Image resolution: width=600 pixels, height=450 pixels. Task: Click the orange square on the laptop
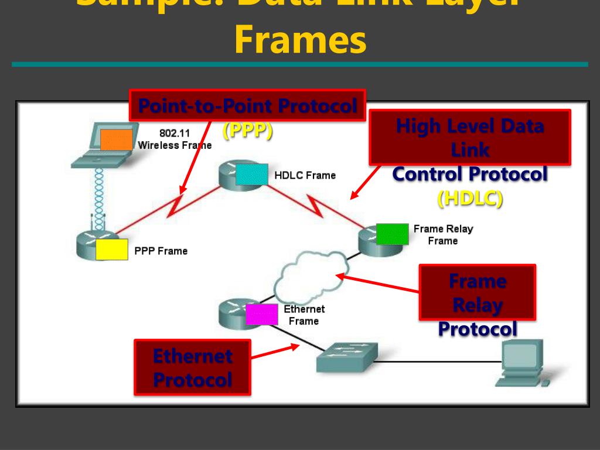116,140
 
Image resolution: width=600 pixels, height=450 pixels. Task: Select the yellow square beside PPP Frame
111,250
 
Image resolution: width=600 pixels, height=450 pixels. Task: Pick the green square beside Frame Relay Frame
392,234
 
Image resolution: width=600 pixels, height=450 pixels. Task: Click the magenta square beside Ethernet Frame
261,315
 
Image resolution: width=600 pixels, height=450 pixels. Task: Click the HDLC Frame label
305,175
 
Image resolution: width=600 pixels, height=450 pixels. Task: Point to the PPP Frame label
161,251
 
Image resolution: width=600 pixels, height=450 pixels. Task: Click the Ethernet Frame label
304,315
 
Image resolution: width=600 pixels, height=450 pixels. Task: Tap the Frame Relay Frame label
442,234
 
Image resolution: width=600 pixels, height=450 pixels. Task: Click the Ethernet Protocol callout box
192,367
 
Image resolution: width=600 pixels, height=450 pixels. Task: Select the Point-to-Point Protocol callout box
247,106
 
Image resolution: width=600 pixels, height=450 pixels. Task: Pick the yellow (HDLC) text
470,199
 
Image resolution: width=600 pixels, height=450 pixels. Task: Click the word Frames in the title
300,40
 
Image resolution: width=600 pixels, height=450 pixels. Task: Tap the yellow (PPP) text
247,131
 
